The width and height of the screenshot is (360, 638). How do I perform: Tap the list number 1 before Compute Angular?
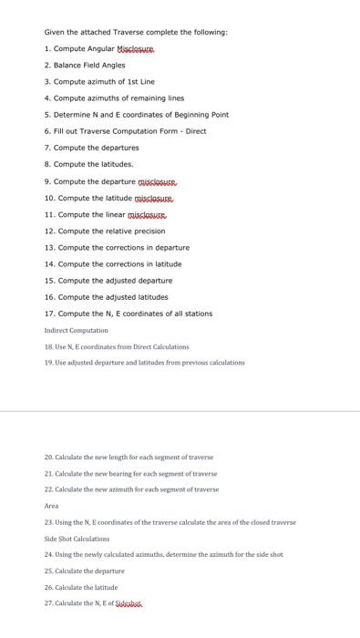(x=46, y=48)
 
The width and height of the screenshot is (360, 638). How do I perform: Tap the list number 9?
(x=46, y=180)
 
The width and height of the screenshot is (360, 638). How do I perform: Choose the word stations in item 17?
(x=197, y=314)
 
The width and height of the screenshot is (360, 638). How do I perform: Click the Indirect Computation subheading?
(x=76, y=330)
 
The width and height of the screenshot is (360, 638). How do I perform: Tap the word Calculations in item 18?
(x=163, y=346)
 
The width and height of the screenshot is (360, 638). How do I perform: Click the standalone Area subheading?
(x=51, y=505)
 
